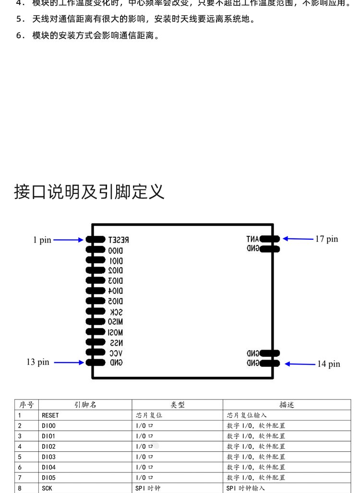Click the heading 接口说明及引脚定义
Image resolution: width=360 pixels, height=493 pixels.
coord(90,192)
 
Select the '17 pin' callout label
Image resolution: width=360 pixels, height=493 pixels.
coord(326,239)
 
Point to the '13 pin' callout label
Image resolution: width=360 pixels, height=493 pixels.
coord(38,363)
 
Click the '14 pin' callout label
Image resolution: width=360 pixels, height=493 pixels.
coord(328,364)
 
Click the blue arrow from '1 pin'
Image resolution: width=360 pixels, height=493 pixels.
coord(69,240)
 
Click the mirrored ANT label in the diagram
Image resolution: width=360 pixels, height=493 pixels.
coord(252,239)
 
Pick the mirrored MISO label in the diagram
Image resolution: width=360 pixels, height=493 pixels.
coord(116,322)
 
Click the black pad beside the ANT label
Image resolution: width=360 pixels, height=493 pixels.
coord(270,239)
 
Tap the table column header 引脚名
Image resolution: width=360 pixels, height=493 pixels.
coord(85,405)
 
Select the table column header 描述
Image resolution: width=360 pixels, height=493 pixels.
coord(287,405)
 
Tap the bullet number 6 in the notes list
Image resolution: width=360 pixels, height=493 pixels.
coord(20,35)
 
